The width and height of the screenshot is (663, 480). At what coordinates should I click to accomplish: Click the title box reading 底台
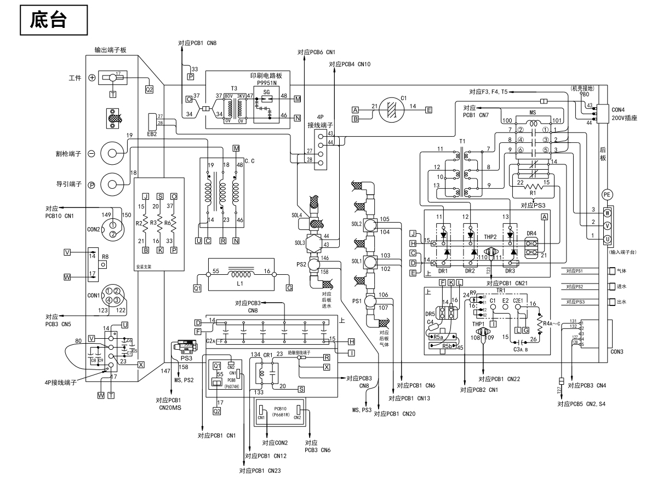click(53, 20)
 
